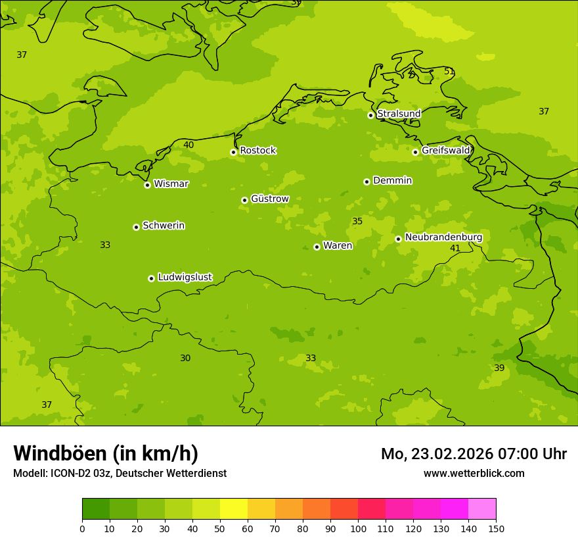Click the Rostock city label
[x=257, y=151]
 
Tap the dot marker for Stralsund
[x=370, y=115]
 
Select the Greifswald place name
[x=445, y=151]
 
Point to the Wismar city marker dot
[x=147, y=185]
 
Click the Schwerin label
[x=164, y=226]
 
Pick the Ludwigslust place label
[x=185, y=278]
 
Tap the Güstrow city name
[x=269, y=199]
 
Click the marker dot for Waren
[x=317, y=247]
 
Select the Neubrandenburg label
[x=443, y=237]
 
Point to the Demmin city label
[x=392, y=180]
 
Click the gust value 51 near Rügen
[x=449, y=72]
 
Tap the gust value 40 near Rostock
[x=189, y=145]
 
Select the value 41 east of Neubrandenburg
[x=455, y=249]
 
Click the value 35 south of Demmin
[x=357, y=222]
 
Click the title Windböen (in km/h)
[x=106, y=453]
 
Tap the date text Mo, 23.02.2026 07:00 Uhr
[x=474, y=454]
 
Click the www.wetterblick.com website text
[x=474, y=474]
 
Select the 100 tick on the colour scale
[x=358, y=528]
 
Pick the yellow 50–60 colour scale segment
[x=234, y=509]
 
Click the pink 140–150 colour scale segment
[x=482, y=509]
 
